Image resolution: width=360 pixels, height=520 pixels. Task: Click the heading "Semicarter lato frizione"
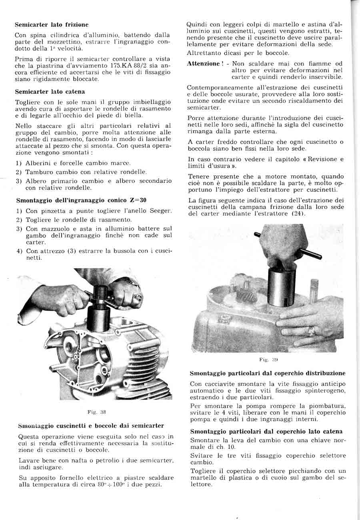[x=52, y=25]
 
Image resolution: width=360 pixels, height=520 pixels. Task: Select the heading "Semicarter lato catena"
[x=50, y=92]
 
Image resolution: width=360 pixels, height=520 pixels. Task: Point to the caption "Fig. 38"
[x=96, y=411]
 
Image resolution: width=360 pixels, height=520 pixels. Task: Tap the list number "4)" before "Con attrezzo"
[x=19, y=251]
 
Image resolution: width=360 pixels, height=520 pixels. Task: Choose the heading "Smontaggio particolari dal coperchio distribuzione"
[x=268, y=373]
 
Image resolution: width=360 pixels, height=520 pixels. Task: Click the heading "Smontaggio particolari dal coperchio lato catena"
[x=266, y=431]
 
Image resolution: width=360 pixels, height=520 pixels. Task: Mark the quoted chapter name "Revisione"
[x=320, y=159]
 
